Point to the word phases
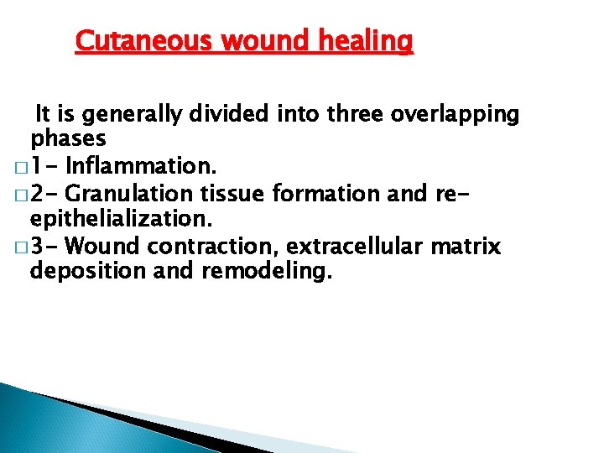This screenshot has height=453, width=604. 68,138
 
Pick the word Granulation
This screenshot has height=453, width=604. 129,194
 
